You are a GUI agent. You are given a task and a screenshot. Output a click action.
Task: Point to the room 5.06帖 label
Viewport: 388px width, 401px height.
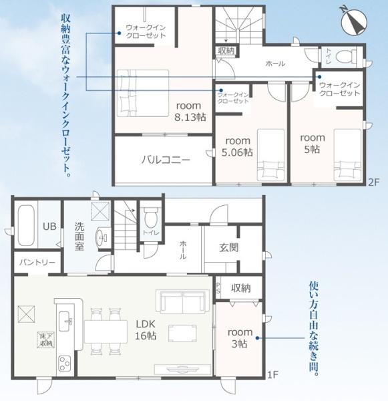coord(238,146)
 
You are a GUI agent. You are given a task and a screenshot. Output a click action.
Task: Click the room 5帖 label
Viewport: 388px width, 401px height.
coord(312,143)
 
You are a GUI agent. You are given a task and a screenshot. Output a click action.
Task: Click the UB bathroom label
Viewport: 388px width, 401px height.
coord(49,226)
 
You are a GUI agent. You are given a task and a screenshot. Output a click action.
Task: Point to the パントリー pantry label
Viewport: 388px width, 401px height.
coord(36,262)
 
